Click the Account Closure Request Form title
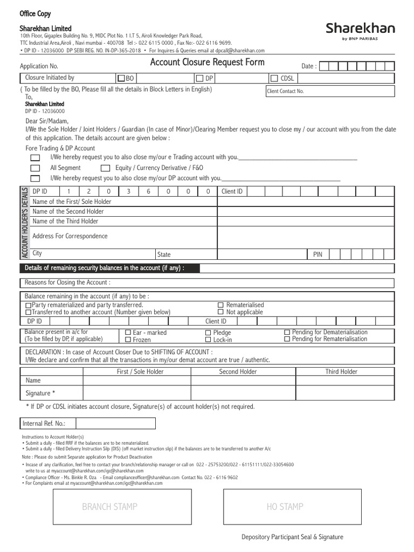207,63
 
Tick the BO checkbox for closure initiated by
121,78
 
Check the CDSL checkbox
274,78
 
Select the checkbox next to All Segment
35,168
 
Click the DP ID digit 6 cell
148,191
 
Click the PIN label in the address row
318,254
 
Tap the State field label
164,254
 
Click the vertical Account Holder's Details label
24,223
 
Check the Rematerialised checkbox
220,305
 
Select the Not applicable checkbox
220,312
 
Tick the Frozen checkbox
128,340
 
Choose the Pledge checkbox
208,333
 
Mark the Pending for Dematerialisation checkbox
287,333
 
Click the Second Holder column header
238,371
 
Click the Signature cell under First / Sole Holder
136,394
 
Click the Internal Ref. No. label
41,423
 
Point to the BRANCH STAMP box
109,507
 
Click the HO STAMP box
285,507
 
